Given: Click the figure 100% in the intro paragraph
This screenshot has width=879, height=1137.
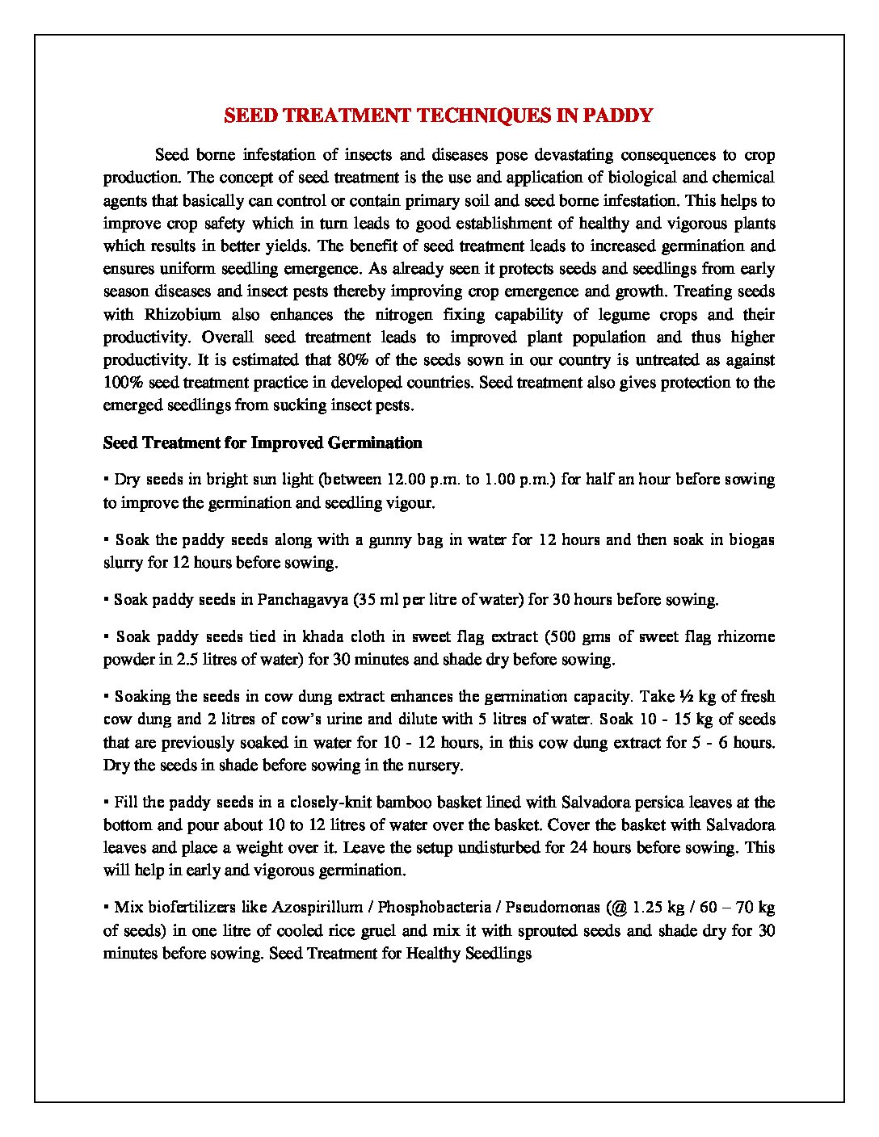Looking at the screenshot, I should [x=121, y=383].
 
